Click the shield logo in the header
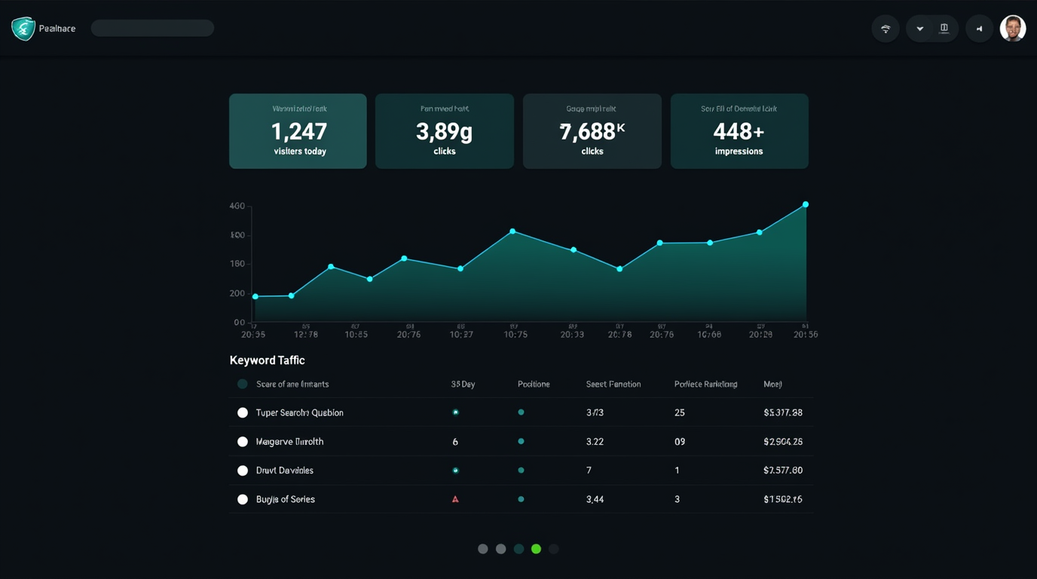23,29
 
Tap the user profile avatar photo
1012,29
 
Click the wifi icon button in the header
886,29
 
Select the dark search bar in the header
152,29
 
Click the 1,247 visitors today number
298,132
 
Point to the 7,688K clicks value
592,132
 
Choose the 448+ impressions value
739,132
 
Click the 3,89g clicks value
444,132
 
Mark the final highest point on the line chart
806,204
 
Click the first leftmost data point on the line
255,296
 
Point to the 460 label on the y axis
237,206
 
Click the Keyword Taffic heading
267,360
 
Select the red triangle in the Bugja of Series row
455,499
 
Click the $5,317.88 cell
782,412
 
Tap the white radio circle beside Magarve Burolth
243,442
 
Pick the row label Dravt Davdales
284,470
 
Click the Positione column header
534,384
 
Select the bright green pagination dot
536,549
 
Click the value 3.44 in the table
595,499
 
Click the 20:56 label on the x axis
806,334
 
